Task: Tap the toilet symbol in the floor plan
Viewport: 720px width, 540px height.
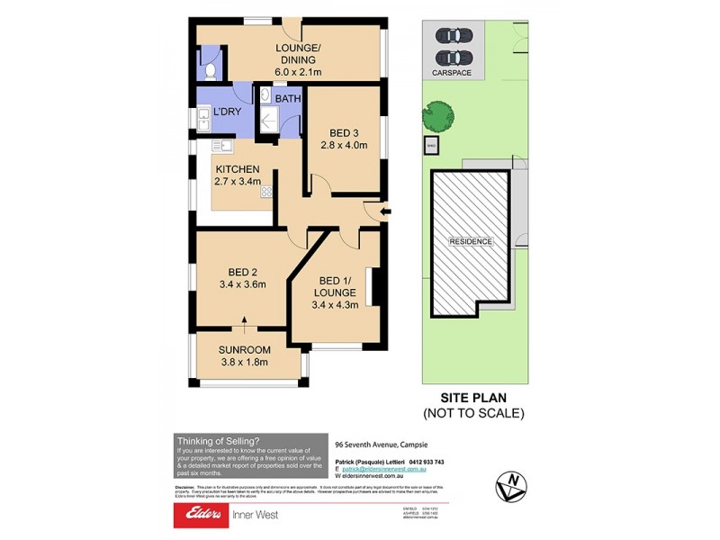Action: (x=208, y=69)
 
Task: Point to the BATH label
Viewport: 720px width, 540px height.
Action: (x=288, y=98)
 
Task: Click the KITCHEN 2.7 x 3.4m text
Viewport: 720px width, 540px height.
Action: (x=237, y=175)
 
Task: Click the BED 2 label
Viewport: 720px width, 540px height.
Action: (x=243, y=279)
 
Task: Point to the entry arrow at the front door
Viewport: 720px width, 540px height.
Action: (x=386, y=212)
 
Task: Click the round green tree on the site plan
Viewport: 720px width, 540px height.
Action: (x=439, y=115)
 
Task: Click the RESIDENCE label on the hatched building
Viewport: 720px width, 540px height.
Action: (x=471, y=241)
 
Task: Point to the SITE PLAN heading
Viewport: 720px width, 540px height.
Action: (x=473, y=397)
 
